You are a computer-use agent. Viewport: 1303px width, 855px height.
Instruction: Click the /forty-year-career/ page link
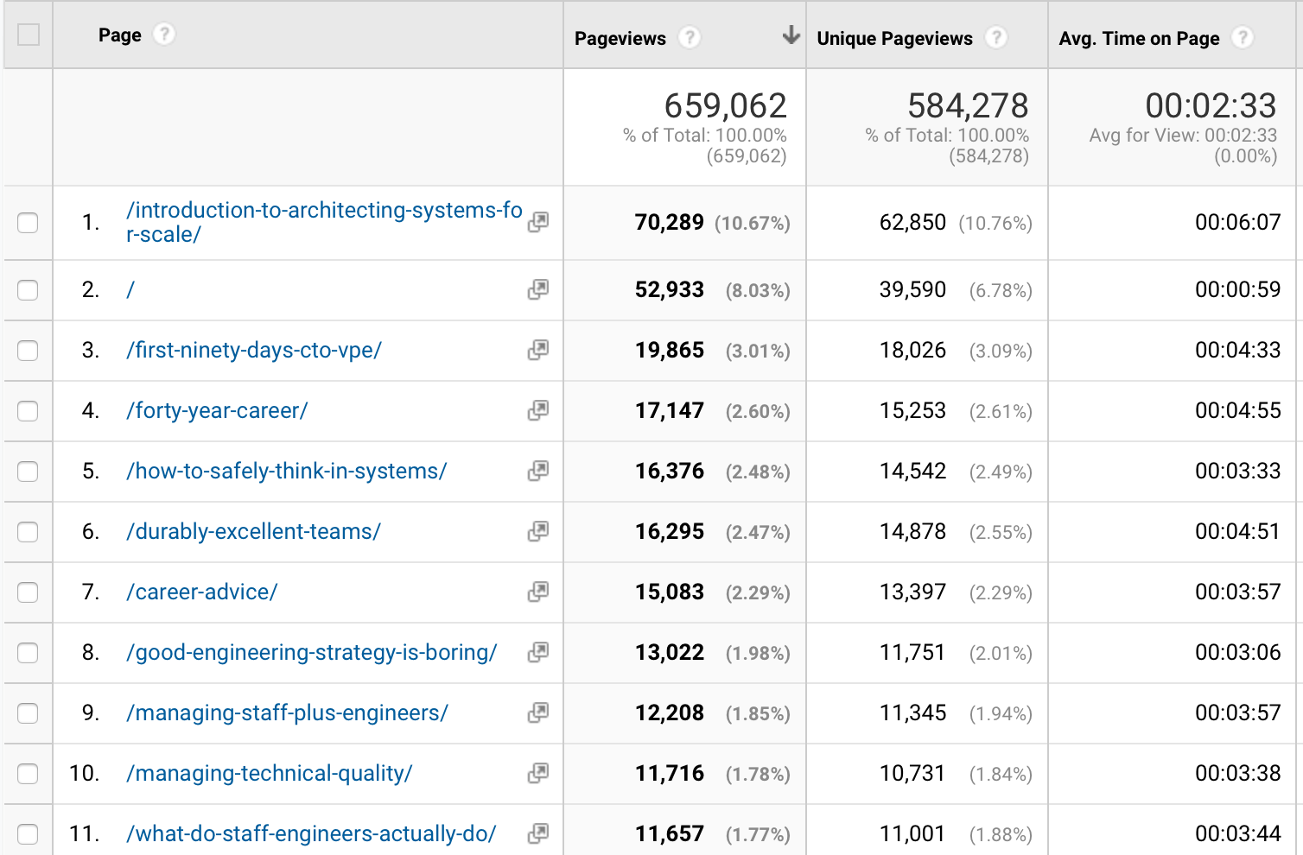pos(217,410)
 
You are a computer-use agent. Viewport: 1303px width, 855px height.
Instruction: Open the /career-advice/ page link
pos(202,592)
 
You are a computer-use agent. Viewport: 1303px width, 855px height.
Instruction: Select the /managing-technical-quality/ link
pos(270,773)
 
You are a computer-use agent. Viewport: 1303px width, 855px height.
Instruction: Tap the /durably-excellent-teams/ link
pos(253,531)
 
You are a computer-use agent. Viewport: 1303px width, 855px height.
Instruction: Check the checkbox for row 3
pos(28,351)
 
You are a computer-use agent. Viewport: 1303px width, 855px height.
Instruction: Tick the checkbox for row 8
pos(28,653)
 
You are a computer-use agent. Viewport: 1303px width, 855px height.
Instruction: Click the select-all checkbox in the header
pos(29,35)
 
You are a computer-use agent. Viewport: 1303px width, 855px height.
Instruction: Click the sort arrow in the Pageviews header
pos(791,35)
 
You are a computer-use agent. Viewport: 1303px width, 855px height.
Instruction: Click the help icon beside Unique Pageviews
pos(996,38)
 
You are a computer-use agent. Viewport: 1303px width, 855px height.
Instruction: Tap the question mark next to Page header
pos(163,35)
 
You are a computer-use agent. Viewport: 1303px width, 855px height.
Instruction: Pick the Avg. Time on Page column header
pos(1139,38)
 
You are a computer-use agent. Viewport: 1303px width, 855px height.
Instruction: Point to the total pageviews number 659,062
pos(725,105)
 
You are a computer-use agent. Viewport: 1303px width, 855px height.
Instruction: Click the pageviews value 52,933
pos(669,290)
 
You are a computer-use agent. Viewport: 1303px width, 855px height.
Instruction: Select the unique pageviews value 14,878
pos(912,532)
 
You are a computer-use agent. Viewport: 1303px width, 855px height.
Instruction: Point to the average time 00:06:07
pos(1237,222)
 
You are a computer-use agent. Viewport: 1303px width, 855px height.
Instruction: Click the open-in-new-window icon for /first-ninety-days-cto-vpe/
pos(537,350)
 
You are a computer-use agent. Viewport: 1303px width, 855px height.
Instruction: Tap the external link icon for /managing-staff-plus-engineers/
pos(537,712)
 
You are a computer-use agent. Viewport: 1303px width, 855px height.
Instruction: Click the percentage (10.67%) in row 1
pos(752,224)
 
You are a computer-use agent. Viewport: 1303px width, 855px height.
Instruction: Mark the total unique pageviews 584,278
pos(968,105)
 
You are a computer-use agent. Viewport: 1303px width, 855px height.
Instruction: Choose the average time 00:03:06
pos(1237,652)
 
